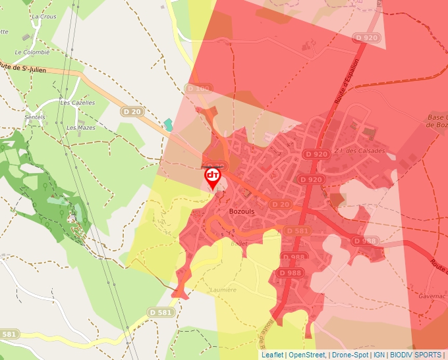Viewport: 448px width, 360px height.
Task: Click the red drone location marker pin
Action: pos(212,176)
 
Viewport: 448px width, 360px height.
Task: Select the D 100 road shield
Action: pos(198,88)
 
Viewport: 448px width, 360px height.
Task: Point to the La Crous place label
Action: pos(44,16)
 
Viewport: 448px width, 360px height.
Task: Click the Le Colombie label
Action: pos(32,51)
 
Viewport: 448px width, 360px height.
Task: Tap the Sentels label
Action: pos(34,117)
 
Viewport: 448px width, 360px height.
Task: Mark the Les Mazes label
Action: pos(82,127)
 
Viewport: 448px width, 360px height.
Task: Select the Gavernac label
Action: pos(431,296)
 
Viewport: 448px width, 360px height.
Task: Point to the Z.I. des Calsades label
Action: pos(359,151)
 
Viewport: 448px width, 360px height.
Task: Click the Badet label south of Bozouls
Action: pos(238,243)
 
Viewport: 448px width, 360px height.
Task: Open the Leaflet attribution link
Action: pos(272,355)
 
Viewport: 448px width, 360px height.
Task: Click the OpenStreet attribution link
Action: pos(307,355)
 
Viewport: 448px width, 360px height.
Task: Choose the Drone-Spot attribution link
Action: pos(350,355)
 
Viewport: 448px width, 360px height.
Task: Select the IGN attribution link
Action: pos(379,355)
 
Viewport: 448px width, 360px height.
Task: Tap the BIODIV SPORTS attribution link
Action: pos(415,355)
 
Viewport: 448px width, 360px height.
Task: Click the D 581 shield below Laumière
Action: pos(161,312)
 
